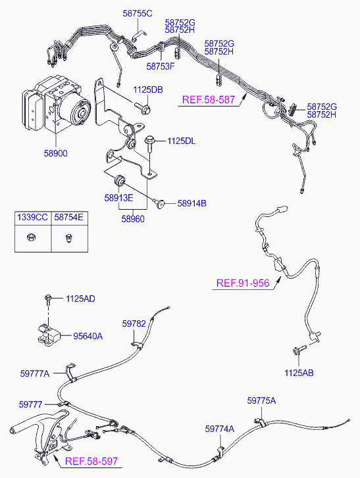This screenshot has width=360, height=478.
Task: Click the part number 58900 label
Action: (x=55, y=153)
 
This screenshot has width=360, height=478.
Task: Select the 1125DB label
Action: (x=148, y=89)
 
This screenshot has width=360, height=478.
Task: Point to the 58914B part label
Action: (x=192, y=203)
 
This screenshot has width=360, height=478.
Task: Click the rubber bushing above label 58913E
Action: (x=119, y=181)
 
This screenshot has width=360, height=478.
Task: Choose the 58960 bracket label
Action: (x=133, y=219)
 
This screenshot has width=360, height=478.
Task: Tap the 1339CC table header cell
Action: (x=33, y=217)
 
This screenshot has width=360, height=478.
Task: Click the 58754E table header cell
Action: (x=69, y=217)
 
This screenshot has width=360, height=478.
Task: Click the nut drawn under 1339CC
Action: (x=31, y=237)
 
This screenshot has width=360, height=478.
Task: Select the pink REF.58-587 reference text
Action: (x=209, y=100)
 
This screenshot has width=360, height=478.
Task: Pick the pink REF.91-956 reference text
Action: (x=243, y=283)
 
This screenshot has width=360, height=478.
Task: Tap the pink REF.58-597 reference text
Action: (x=91, y=461)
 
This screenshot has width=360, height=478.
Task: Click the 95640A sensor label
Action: (x=88, y=336)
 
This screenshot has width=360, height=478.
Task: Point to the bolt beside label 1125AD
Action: (x=48, y=299)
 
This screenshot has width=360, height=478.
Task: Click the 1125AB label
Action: (x=299, y=373)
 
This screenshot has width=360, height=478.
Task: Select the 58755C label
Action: (x=138, y=13)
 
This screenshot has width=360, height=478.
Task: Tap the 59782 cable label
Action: (x=134, y=323)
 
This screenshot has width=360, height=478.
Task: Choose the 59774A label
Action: (x=220, y=429)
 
